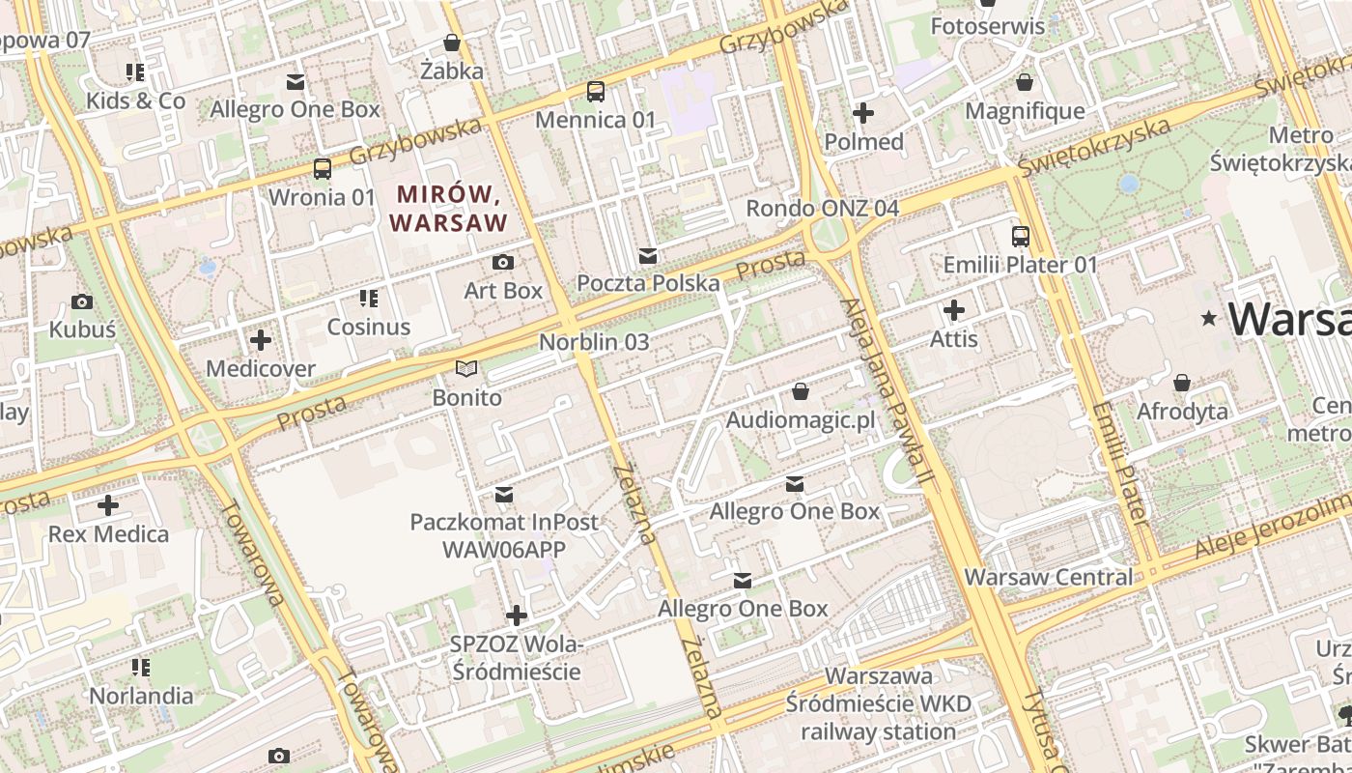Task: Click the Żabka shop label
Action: coord(452,71)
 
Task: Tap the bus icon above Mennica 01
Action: coord(596,92)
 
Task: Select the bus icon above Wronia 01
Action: coord(323,169)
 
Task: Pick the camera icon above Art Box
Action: coord(503,262)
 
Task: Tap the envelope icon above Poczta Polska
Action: coord(648,256)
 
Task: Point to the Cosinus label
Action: coord(369,327)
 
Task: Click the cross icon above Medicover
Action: coord(261,340)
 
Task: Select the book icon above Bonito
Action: coord(466,369)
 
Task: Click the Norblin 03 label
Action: coord(594,342)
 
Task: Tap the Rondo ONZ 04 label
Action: coord(822,209)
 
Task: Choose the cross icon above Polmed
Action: coord(863,114)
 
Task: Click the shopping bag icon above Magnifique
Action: coord(1025,83)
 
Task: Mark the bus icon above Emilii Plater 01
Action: coord(1021,236)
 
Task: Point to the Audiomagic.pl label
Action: coord(800,420)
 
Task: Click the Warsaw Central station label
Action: coord(1049,577)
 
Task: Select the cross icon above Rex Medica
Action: coord(108,505)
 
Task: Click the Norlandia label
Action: coord(141,696)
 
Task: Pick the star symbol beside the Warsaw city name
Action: coord(1208,318)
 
